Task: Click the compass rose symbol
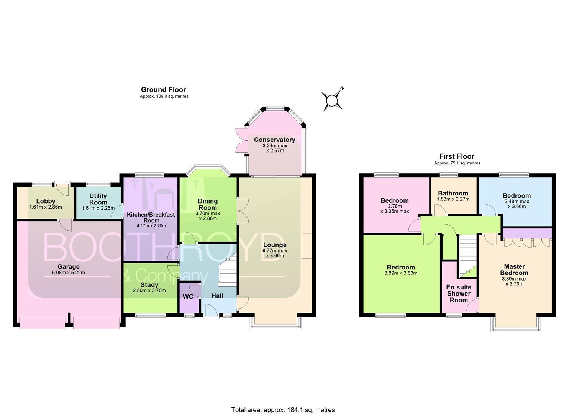click(332, 100)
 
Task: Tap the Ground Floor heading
click(163, 89)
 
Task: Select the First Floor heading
click(457, 156)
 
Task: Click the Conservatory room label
click(274, 140)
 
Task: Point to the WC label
click(188, 297)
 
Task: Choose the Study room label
click(149, 285)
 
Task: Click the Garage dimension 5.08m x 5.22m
click(68, 273)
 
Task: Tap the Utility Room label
click(98, 199)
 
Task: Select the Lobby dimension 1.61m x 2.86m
click(46, 207)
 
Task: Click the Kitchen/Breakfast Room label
click(151, 218)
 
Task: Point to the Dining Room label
click(208, 204)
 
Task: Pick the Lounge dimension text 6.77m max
click(275, 251)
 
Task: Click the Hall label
click(217, 296)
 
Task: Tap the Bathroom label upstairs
click(453, 194)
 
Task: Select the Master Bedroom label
click(514, 269)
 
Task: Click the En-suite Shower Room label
click(459, 294)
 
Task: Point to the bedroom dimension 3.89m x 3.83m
click(401, 273)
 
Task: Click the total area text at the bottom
click(283, 402)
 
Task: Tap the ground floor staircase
click(228, 270)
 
